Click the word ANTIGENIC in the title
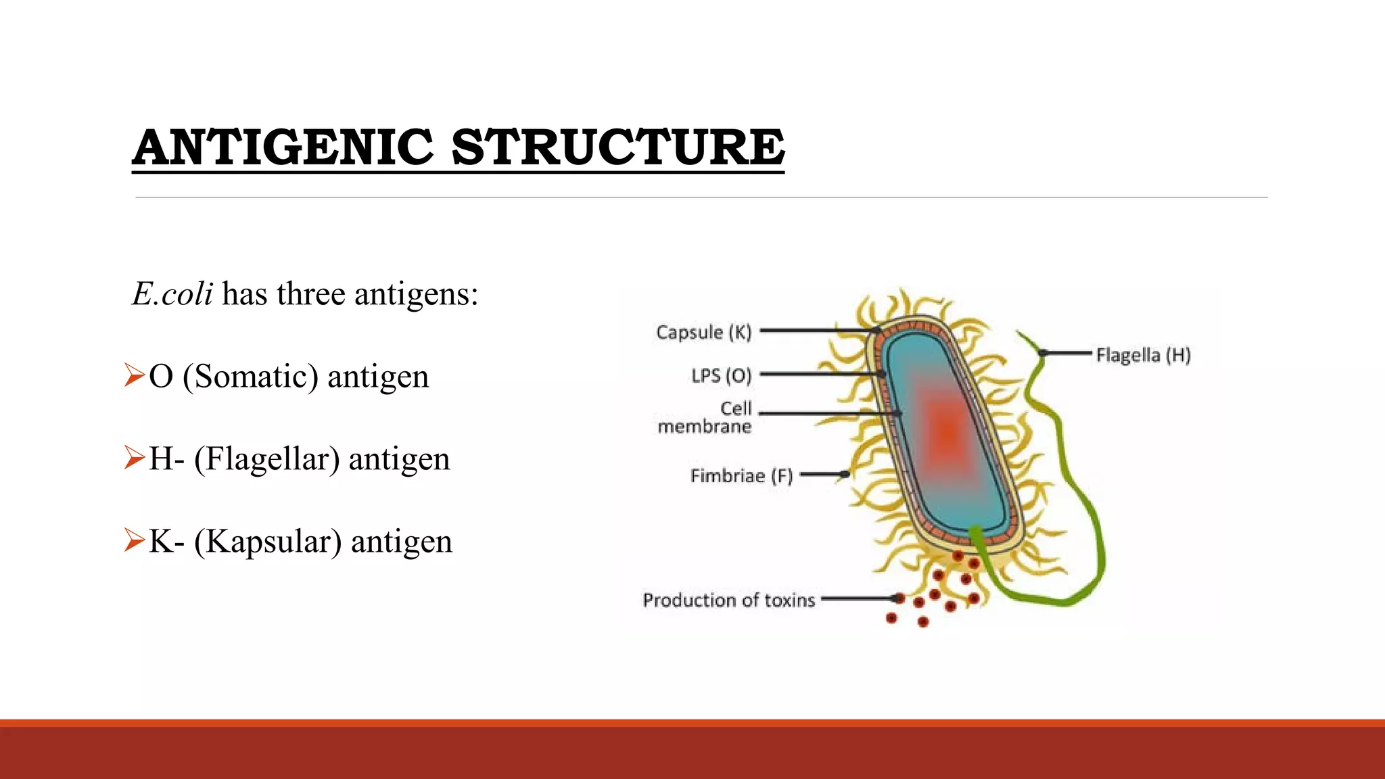coord(283,147)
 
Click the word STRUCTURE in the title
coord(617,147)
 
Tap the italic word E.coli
coord(172,294)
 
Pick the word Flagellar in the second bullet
coord(267,458)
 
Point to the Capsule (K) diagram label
coord(703,332)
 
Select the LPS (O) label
coord(721,375)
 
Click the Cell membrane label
coord(706,417)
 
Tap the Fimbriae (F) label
coord(741,475)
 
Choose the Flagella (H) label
coord(1143,355)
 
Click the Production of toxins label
coord(728,600)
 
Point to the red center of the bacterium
coord(947,430)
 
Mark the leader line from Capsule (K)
coord(818,331)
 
